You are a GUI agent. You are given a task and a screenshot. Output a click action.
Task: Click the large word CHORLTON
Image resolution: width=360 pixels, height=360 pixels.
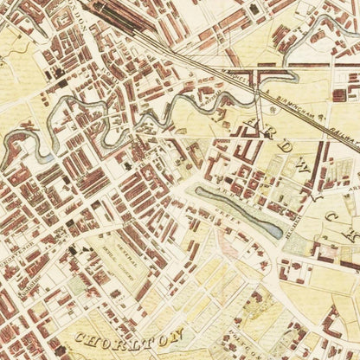(x=130, y=336)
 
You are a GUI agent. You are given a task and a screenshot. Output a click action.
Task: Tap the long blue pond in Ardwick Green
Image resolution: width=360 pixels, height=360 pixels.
(x=237, y=212)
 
